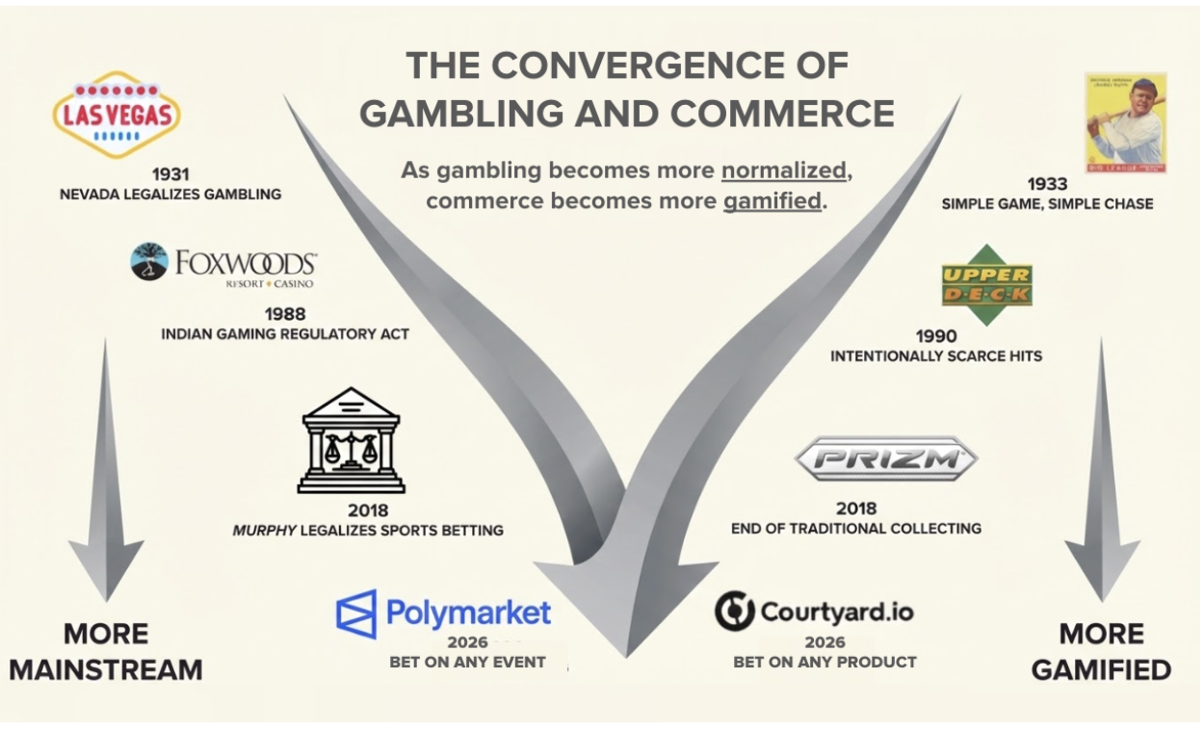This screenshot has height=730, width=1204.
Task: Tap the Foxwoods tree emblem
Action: pos(148,262)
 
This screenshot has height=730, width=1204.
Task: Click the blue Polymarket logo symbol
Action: pos(355,614)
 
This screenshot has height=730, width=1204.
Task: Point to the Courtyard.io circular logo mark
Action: pos(734,611)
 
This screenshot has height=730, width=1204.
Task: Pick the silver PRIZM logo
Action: pos(885,459)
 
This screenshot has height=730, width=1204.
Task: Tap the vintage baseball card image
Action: pos(1125,122)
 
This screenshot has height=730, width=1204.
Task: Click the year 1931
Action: pos(170,174)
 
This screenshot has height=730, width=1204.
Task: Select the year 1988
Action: pos(284,314)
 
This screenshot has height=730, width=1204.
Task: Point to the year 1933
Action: pos(1046,183)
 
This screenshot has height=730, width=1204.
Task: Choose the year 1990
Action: pos(936,336)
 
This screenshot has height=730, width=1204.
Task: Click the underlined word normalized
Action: pos(783,170)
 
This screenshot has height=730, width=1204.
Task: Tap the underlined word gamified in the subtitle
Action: pos(772,201)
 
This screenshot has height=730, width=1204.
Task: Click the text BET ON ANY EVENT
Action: pos(467,662)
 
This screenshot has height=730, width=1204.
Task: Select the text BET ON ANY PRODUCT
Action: pos(824,662)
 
